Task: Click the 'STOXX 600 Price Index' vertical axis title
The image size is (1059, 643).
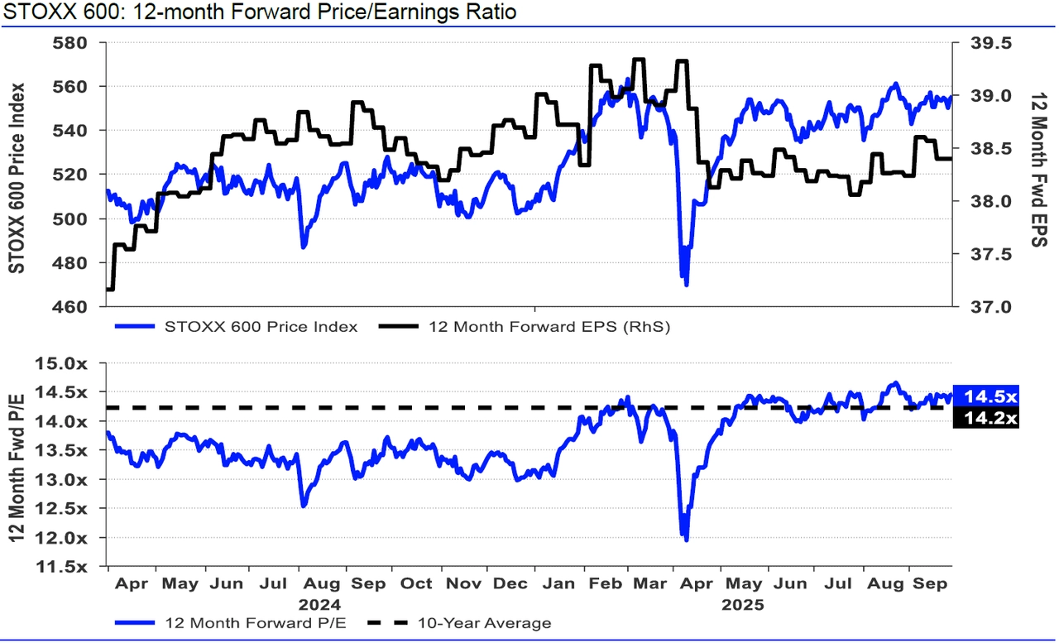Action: coord(16,177)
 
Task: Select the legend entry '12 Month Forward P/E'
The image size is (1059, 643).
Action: coord(239,622)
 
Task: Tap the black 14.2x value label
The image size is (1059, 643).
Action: coord(985,420)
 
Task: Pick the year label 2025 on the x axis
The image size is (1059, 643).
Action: coord(742,604)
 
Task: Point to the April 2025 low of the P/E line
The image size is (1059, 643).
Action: coord(686,540)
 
